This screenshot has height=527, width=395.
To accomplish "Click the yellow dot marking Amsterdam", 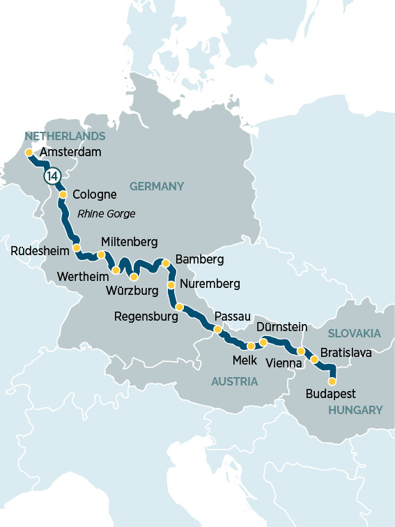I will pyautogui.click(x=29, y=152).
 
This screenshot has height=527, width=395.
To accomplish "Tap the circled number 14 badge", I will pyautogui.click(x=52, y=176).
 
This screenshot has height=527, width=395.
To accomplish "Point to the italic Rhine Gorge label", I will pyautogui.click(x=106, y=213).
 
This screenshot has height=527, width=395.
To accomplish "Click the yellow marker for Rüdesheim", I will pyautogui.click(x=77, y=248).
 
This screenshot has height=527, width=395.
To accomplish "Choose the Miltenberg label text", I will pyautogui.click(x=130, y=241).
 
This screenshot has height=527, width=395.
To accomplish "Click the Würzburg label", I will pyautogui.click(x=132, y=289).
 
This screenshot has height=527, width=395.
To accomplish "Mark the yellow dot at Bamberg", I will pyautogui.click(x=166, y=263).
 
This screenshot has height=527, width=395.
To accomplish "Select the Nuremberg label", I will pyautogui.click(x=210, y=284).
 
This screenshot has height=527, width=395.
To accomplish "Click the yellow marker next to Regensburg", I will pyautogui.click(x=179, y=307).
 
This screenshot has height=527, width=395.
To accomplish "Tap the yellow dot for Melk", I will pyautogui.click(x=251, y=346).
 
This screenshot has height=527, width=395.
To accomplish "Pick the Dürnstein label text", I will pyautogui.click(x=282, y=326).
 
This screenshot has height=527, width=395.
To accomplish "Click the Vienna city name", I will pyautogui.click(x=284, y=363).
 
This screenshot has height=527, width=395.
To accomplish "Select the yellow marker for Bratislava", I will pyautogui.click(x=314, y=360).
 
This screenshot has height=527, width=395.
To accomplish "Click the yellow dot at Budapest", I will pyautogui.click(x=332, y=381).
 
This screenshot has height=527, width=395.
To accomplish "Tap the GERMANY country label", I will pyautogui.click(x=157, y=186).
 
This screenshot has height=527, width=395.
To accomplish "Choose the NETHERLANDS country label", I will pyautogui.click(x=65, y=136).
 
